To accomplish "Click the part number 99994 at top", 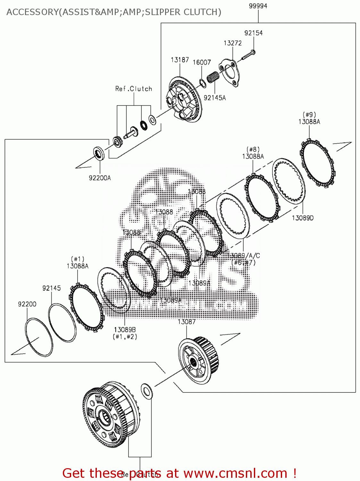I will pos(258,6).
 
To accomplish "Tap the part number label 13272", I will pos(232,43).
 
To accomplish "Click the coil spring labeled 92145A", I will pos(213,77).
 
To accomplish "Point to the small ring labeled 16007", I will pos(202,83).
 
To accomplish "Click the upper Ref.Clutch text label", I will pos(134,89).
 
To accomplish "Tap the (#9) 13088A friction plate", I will pos(317,163).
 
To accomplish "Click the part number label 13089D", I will pos(302,218).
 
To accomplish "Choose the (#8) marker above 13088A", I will pos(253,149).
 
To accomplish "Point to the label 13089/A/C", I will pos(244,256).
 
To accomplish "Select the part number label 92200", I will pos(27,304).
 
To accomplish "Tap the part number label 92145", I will pos(51,288).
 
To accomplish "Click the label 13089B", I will pos(125,330).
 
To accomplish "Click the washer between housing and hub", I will pos(147,391).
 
